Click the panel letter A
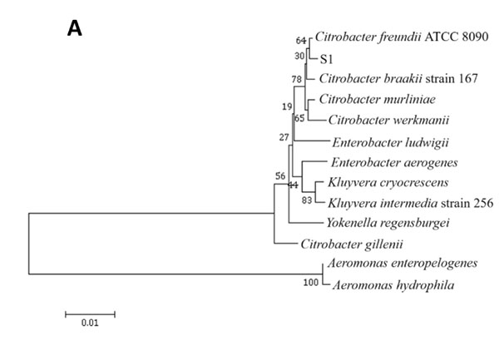pos(74,29)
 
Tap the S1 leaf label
pos(326,60)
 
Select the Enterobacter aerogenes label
pos(383,162)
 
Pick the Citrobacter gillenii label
pos(352,244)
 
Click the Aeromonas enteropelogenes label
pos(403,264)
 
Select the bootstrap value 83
pos(307,201)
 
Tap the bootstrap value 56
pos(280,176)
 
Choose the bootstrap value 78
pos(296,80)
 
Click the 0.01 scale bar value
pos(89,323)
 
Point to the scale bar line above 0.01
pos(90,313)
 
